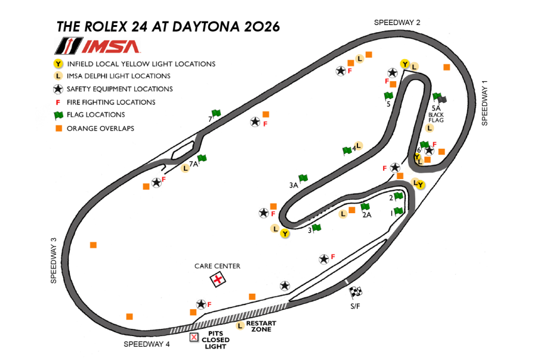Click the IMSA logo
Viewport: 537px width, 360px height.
pyautogui.click(x=97, y=46)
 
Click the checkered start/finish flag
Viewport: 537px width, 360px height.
pyautogui.click(x=356, y=292)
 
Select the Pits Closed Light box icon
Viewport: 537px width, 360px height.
pyautogui.click(x=193, y=337)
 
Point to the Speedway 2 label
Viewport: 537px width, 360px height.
pyautogui.click(x=397, y=22)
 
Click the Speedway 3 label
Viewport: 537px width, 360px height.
pyautogui.click(x=53, y=260)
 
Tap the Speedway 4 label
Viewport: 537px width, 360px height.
pyautogui.click(x=147, y=344)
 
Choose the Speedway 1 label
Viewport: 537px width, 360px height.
pyautogui.click(x=484, y=103)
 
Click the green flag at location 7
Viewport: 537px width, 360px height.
pyautogui.click(x=216, y=113)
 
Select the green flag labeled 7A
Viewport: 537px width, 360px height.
pyautogui.click(x=202, y=158)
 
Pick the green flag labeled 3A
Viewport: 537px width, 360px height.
pyautogui.click(x=303, y=178)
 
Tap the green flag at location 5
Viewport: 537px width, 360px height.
pyautogui.click(x=388, y=96)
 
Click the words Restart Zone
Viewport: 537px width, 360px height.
pyautogui.click(x=260, y=326)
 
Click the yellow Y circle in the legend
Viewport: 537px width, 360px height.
pyautogui.click(x=58, y=64)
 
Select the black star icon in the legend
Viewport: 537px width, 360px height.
pyautogui.click(x=58, y=89)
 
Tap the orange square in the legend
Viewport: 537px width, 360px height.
pyautogui.click(x=58, y=128)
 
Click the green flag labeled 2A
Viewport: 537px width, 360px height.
pyautogui.click(x=365, y=207)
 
